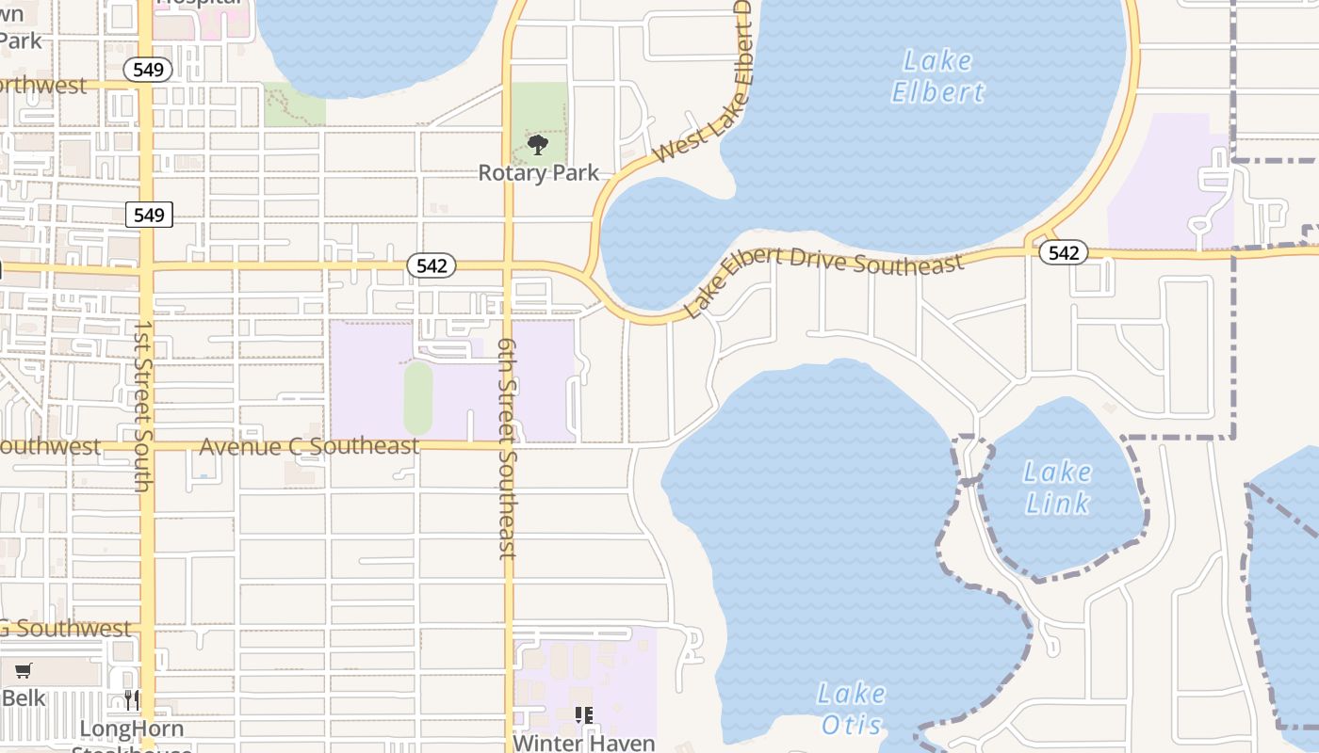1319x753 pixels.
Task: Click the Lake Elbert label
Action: [937, 76]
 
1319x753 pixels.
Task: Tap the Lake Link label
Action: [1057, 487]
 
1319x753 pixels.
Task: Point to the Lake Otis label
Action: [852, 709]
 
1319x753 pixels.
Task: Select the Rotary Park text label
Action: [538, 172]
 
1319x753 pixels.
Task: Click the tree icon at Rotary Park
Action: [538, 144]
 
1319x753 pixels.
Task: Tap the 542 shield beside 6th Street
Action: [432, 265]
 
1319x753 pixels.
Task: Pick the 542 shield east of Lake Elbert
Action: [1064, 252]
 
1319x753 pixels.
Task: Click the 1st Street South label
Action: [142, 405]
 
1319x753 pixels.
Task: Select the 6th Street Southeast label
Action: [507, 449]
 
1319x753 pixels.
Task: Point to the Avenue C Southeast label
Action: [309, 446]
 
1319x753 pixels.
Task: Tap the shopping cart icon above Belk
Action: [24, 671]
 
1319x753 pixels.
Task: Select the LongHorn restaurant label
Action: [132, 729]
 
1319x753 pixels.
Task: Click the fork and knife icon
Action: [132, 699]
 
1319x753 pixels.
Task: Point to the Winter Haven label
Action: [584, 743]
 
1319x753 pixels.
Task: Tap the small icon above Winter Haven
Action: [584, 715]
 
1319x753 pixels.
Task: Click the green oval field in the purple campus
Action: [418, 398]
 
